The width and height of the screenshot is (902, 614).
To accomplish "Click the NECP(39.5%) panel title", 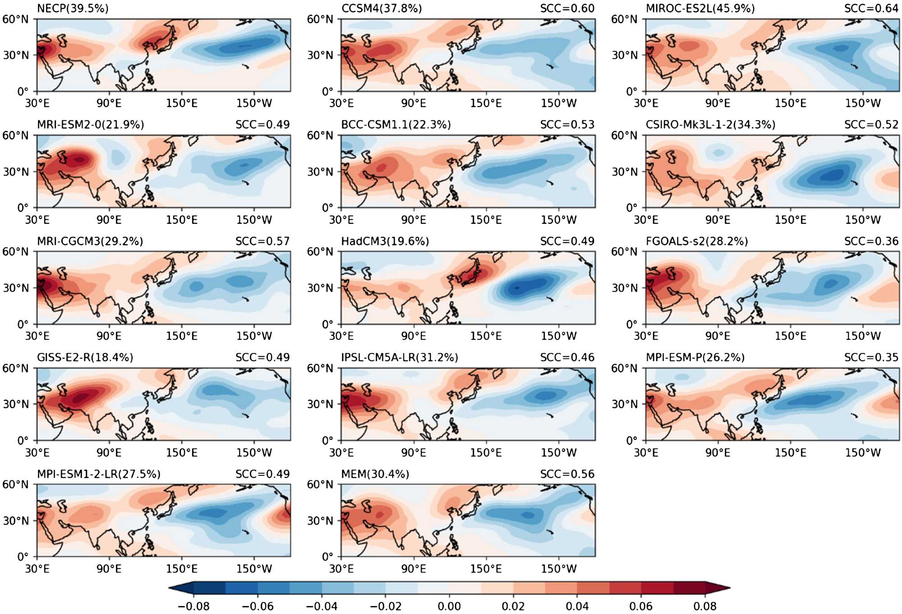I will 73,8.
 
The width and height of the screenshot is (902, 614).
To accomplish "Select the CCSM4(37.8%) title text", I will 382,8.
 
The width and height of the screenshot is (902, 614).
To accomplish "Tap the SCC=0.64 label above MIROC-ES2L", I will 871,8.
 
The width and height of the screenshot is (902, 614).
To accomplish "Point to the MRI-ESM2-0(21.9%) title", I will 90,125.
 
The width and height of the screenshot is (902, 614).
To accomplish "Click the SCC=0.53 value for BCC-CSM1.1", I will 567,125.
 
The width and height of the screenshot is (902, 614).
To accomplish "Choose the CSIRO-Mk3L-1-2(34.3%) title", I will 710,125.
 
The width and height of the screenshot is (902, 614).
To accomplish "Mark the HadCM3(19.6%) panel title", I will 385,241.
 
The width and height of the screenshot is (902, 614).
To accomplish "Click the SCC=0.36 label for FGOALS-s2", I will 871,241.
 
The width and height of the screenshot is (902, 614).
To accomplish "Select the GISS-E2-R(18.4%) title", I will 85,358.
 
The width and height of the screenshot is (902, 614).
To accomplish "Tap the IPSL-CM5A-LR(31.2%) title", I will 400,358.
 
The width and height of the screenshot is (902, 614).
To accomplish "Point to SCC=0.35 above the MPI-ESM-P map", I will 871,358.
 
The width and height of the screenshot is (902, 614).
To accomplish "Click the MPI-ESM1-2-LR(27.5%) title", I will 98,474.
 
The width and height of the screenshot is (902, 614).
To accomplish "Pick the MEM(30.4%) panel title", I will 375,474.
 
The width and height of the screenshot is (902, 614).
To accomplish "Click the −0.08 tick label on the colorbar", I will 193,606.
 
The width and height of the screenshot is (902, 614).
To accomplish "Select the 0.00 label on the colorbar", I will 449,606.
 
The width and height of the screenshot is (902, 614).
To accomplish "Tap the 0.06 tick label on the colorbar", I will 641,606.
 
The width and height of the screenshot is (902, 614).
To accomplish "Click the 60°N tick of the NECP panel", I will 15,19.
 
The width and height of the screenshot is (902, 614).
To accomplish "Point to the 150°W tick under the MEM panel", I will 558,569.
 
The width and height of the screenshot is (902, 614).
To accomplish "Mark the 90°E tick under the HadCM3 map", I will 414,336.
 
